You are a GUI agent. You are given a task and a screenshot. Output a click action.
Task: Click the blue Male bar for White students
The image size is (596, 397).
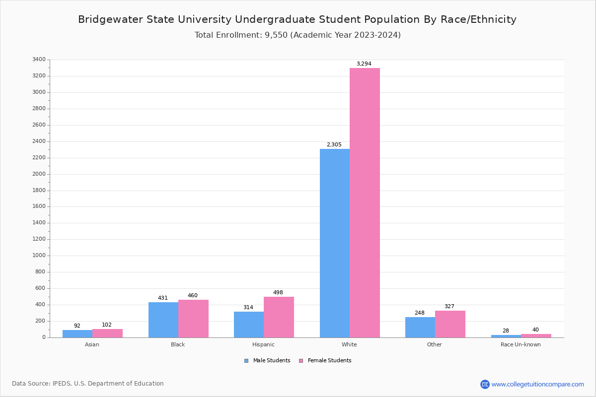pos(334,243)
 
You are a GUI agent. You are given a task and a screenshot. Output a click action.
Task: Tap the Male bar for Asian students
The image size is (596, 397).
pos(77,333)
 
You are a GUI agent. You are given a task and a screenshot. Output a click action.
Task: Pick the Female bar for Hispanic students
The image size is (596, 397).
pos(279,317)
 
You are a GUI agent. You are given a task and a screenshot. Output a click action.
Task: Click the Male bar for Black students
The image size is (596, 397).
pos(163,320)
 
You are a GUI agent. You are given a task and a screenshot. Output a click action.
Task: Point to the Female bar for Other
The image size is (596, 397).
pos(450,324)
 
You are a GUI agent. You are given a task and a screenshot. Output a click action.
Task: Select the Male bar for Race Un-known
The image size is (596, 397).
pos(506,336)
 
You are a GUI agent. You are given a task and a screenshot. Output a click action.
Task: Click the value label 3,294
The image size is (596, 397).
pos(364,64)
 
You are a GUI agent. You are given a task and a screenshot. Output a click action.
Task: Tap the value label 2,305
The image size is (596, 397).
pos(334,145)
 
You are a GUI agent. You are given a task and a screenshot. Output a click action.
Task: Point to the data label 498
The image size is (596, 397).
pos(278,293)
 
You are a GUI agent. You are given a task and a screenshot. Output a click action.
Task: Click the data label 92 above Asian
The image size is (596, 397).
pos(77,326)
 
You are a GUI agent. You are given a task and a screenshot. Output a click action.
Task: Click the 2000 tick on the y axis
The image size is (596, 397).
pos(39,174)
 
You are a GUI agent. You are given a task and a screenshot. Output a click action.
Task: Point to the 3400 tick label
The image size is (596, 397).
pos(39,60)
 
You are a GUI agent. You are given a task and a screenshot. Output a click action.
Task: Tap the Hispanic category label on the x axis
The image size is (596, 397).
pos(263,344)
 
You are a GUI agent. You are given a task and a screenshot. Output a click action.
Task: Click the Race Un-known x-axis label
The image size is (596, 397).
pos(521,344)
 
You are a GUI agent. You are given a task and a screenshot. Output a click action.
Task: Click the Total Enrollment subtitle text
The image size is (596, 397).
pos(298,35)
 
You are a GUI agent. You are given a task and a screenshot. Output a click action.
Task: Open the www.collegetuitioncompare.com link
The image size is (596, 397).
pos(537,384)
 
